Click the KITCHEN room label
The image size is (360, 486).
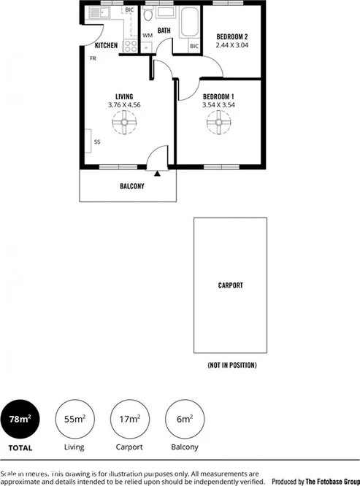[106, 45]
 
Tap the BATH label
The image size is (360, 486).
[164, 31]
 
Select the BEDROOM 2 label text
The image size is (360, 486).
[232, 36]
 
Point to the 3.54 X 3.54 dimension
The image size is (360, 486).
[218, 105]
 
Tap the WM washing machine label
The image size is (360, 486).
[148, 35]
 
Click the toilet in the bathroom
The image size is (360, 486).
[148, 16]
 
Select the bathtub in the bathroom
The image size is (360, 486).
[189, 23]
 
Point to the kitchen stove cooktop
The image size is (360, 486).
[131, 45]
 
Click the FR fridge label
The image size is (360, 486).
[93, 58]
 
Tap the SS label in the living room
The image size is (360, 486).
[96, 142]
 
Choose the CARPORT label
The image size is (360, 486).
[230, 285]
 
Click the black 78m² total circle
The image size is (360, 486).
[20, 419]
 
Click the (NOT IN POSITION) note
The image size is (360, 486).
[231, 365]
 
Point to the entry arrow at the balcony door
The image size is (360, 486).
[158, 174]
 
